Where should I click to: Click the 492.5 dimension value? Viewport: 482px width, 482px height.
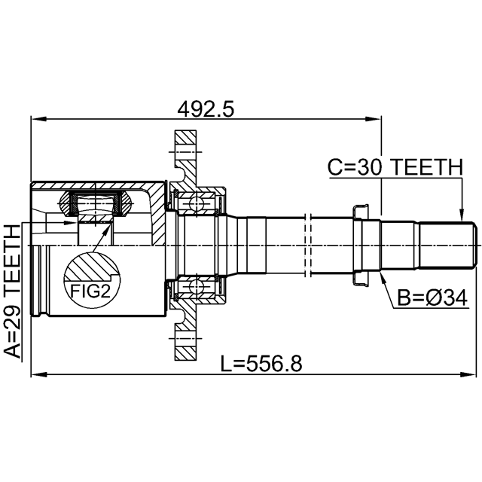click(x=206, y=109)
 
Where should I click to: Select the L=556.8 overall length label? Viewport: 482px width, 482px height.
click(x=261, y=363)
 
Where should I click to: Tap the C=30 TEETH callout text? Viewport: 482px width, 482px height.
click(x=395, y=167)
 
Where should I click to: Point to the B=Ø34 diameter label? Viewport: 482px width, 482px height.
click(x=432, y=297)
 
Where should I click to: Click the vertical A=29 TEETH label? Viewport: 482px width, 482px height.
click(x=13, y=291)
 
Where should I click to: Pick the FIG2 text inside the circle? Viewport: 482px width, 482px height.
click(x=90, y=291)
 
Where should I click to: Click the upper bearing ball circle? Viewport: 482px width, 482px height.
click(x=196, y=203)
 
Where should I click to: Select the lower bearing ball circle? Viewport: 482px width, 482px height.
click(x=196, y=286)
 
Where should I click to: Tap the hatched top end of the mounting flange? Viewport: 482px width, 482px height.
click(x=185, y=141)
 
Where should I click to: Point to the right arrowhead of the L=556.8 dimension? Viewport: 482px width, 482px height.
click(x=468, y=374)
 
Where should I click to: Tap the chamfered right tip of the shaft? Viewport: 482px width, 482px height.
click(x=474, y=245)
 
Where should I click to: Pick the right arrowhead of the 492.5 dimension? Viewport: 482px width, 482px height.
click(x=374, y=119)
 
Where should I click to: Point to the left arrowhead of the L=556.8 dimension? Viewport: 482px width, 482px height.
click(x=38, y=374)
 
